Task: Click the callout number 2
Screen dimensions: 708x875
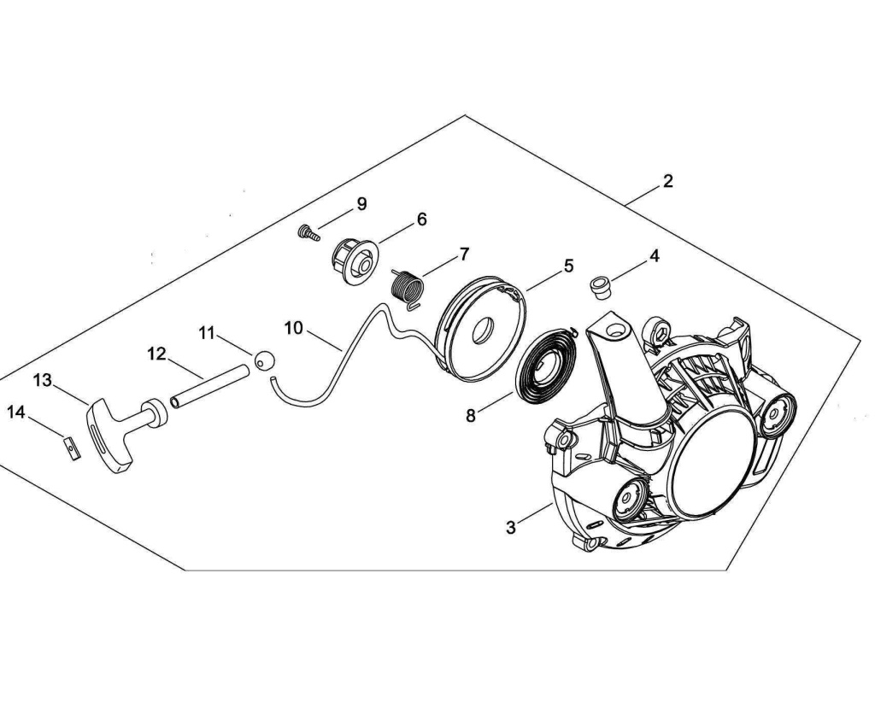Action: pos(667,181)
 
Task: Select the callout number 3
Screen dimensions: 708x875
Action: pos(511,528)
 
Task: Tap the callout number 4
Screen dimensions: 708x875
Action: pos(654,255)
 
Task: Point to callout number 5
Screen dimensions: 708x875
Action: pos(568,266)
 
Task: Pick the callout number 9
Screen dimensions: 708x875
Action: pos(361,204)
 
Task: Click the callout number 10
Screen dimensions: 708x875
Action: pos(294,328)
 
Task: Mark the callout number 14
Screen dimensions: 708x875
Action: pos(16,413)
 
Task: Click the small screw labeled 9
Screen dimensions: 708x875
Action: pos(308,232)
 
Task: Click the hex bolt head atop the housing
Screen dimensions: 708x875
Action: pos(659,331)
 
